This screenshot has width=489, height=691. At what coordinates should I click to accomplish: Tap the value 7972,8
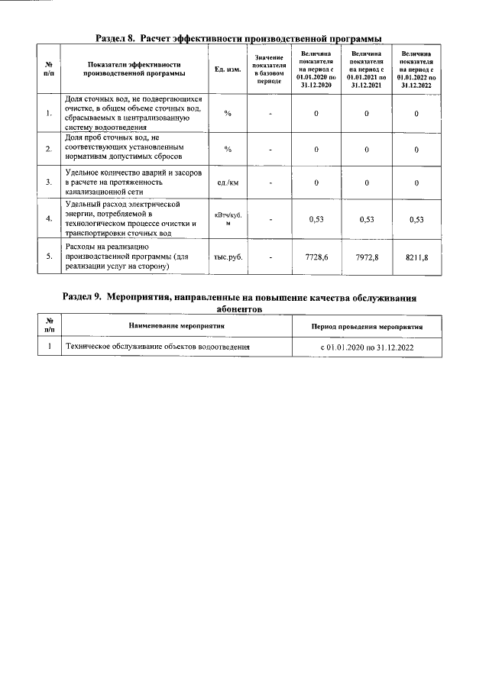[366, 257]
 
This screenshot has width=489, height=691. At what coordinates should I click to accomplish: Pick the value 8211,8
[416, 257]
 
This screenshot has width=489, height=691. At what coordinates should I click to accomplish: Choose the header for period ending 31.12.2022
[416, 69]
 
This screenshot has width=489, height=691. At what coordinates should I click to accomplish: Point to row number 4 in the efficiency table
[49, 218]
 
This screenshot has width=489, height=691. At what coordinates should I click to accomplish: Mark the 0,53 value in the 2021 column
[366, 219]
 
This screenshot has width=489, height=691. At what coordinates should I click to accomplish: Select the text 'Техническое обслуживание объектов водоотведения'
[159, 347]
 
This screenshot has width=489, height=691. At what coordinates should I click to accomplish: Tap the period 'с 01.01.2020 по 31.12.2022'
[367, 347]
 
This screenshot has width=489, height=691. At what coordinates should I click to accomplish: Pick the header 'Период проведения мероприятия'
[367, 326]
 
